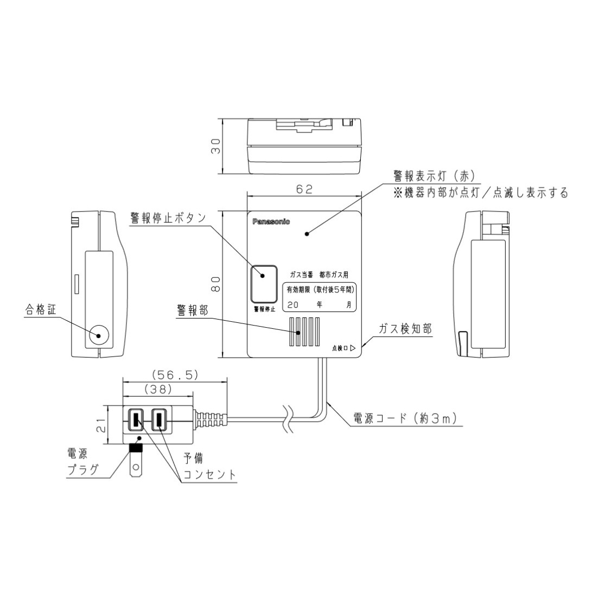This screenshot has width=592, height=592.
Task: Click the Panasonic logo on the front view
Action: (271, 221)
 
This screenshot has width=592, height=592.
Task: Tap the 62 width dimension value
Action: (305, 189)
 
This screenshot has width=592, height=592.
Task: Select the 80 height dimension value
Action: (215, 284)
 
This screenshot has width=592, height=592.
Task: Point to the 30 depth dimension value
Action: (215, 147)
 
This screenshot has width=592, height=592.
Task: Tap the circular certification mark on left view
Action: (99, 335)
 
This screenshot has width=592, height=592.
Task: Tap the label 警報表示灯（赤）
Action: (434, 176)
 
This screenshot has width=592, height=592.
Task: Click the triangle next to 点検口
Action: (353, 348)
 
